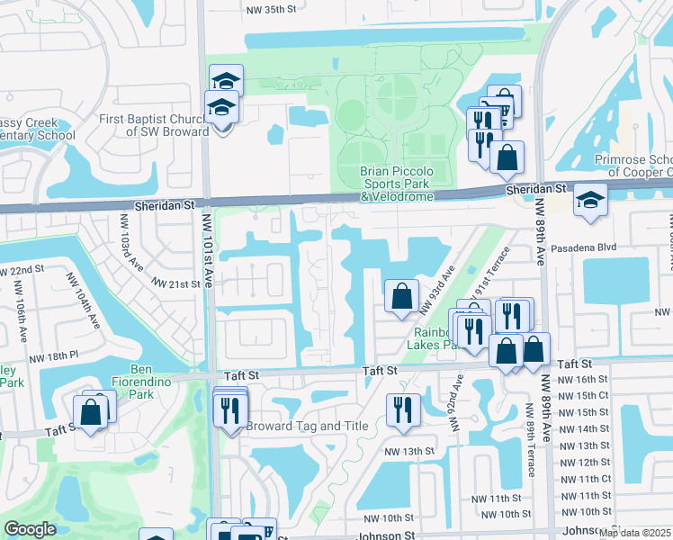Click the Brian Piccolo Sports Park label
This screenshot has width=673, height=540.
coord(396,184)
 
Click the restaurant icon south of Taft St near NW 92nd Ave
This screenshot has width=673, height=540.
coord(402,409)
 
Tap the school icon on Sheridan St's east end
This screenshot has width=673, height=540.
coord(590,200)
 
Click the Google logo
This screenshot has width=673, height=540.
coord(30,529)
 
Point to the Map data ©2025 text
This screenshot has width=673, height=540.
coord(634,533)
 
